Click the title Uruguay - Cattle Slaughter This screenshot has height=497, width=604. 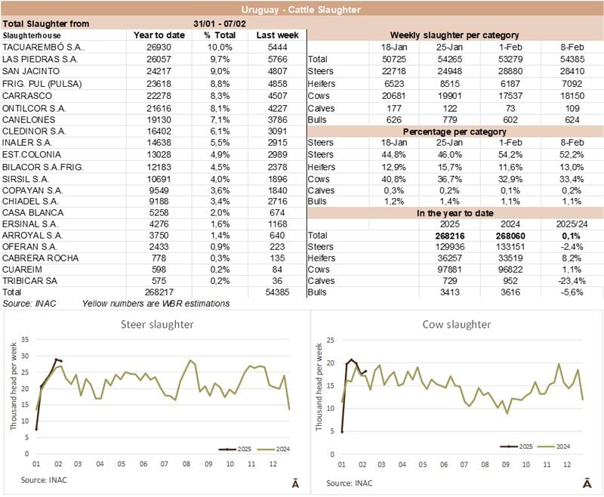301,10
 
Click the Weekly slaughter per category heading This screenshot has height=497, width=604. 454,35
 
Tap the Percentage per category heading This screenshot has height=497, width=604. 454,131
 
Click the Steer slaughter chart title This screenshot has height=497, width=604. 155,324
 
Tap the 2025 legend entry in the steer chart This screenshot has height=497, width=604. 236,449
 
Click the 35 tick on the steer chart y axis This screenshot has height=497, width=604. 24,337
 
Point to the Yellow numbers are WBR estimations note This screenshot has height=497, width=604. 156,304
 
